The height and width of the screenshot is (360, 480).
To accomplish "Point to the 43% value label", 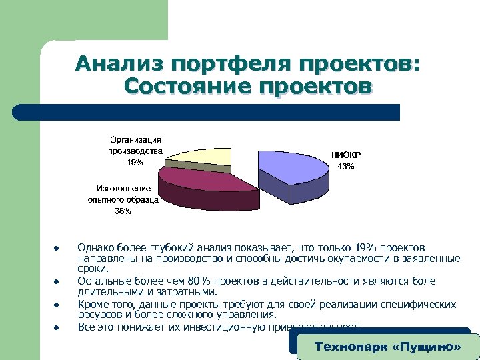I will click(x=346, y=166).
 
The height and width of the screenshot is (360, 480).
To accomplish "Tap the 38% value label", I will click(x=123, y=211).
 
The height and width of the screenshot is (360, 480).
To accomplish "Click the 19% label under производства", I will click(x=135, y=162).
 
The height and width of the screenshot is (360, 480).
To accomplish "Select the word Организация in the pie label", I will click(x=135, y=139).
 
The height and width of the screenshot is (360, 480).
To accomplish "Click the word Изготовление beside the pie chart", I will click(x=123, y=189).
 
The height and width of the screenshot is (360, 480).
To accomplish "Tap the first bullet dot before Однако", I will click(x=57, y=250).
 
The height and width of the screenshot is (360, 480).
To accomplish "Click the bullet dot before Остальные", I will click(x=57, y=281).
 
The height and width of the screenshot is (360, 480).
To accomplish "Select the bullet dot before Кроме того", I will click(x=57, y=304).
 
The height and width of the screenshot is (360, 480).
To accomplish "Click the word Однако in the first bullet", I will click(x=95, y=248).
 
